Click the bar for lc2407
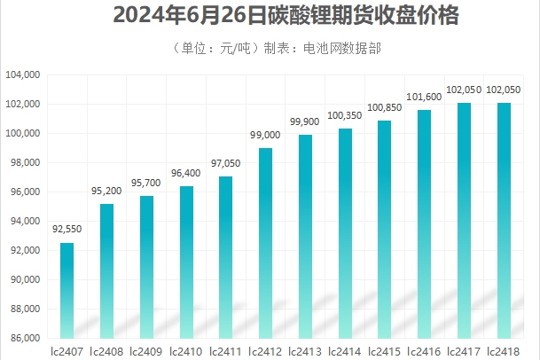click(x=67, y=290)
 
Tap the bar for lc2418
click(x=504, y=220)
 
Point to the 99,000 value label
click(x=265, y=135)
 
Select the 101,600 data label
click(x=424, y=97)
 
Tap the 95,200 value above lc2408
click(x=106, y=191)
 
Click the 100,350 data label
click(x=345, y=115)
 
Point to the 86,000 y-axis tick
click(x=25, y=338)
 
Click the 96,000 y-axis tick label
click(x=25, y=192)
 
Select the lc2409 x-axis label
click(x=146, y=351)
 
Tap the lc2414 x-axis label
click(x=345, y=351)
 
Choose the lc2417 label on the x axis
click(x=464, y=351)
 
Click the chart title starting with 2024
click(x=270, y=17)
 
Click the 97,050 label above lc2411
click(x=225, y=163)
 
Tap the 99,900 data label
click(x=305, y=121)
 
